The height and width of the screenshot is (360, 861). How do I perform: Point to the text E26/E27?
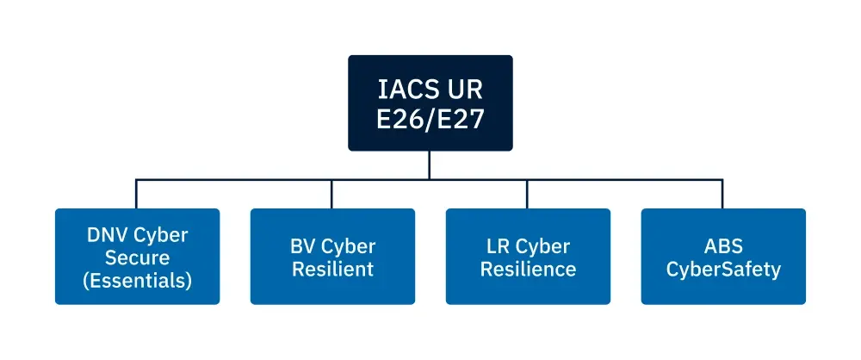tap(430, 119)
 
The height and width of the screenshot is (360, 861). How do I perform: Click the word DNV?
tap(107, 235)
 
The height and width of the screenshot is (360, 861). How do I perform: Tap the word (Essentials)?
tap(137, 280)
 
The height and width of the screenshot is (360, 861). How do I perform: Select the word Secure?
tap(137, 258)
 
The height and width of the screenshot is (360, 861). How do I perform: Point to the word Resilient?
tap(332, 269)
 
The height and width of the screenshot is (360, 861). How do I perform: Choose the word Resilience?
tap(528, 269)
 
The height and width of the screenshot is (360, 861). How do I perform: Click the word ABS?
tap(723, 246)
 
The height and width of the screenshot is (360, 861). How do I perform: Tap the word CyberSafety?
tap(723, 269)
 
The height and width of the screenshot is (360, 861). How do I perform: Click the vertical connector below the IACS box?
tap(430, 165)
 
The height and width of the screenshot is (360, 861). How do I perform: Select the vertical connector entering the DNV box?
tap(137, 194)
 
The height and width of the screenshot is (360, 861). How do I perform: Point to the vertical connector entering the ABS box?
tap(723, 194)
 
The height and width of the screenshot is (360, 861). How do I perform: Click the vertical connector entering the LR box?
tap(528, 194)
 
